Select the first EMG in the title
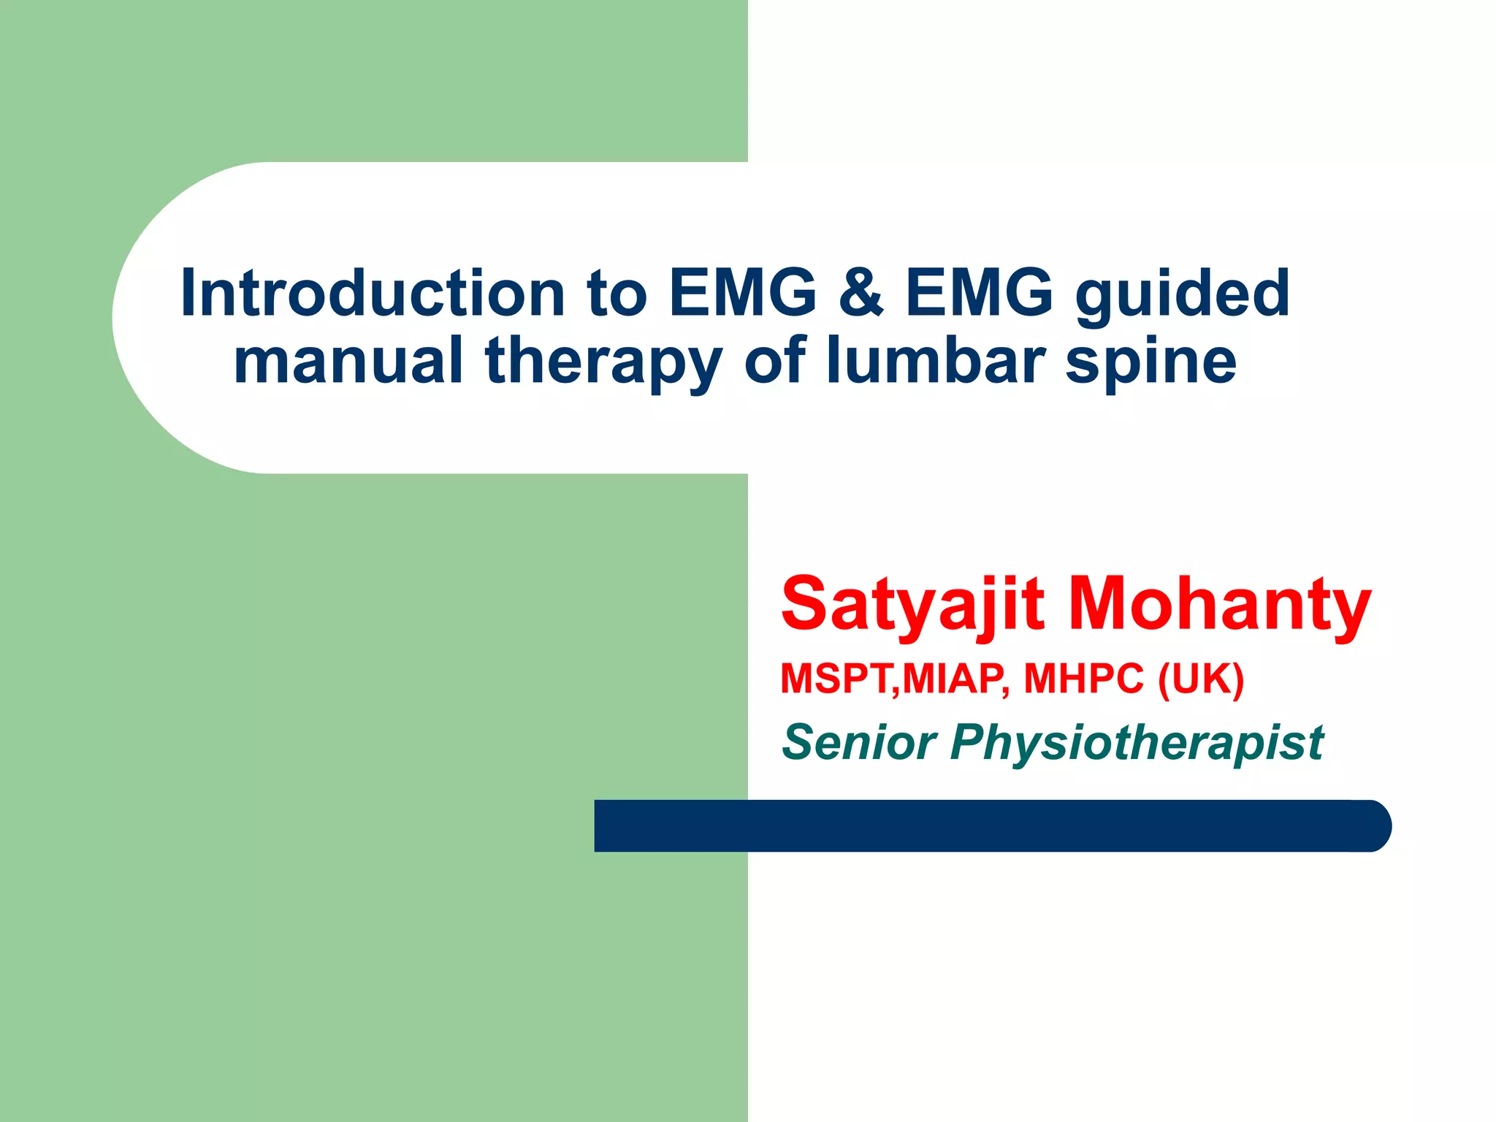pos(742,294)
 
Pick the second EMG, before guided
pos(979,294)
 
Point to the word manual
pos(348,361)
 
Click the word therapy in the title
pos(603,361)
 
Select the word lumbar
pos(936,361)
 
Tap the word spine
pos(1150,361)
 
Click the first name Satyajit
pos(912,605)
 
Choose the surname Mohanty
pos(1219,605)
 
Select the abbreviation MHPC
pos(1083,679)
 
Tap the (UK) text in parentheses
pos(1201,679)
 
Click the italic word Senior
pos(859,742)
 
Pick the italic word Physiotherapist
pos(1137,742)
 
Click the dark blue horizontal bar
pos(950,825)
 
